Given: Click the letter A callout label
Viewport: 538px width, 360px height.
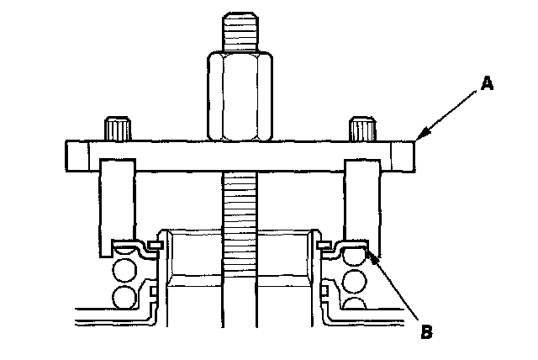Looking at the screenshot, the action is tap(486, 82).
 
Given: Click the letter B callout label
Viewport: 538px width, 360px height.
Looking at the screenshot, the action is tap(427, 331).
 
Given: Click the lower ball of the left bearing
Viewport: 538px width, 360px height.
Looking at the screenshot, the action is tap(125, 298).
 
